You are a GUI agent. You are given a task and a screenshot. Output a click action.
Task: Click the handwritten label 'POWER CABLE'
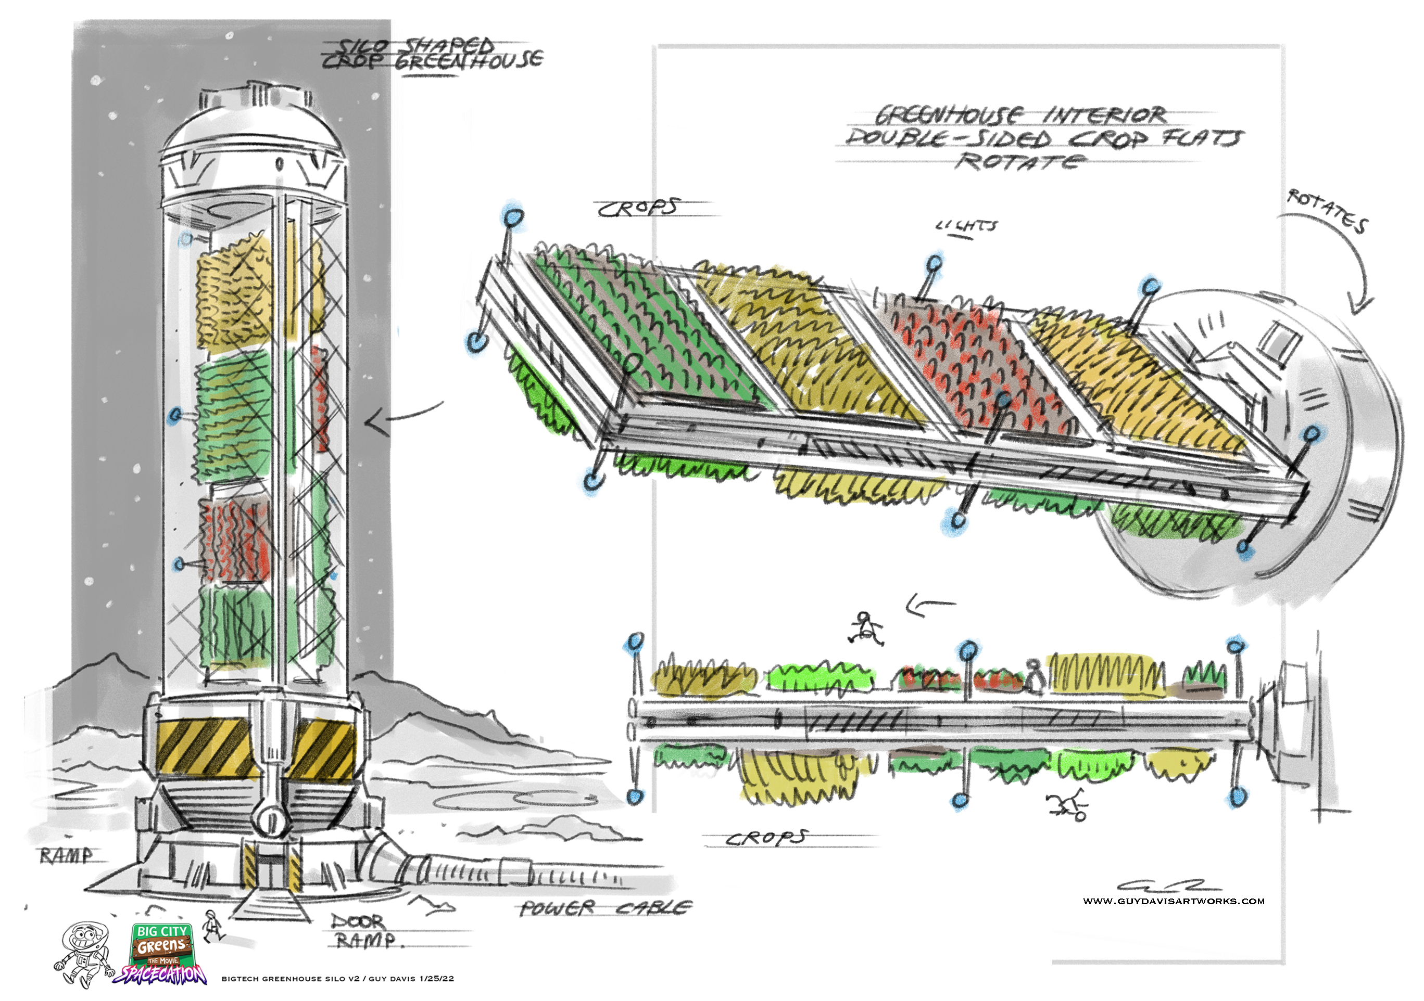(x=604, y=908)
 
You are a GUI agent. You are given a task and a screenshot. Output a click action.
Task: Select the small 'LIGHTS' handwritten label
(x=967, y=226)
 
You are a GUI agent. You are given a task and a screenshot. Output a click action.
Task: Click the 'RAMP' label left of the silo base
(x=66, y=856)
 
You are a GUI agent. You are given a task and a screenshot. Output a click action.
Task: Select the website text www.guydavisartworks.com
(x=1174, y=901)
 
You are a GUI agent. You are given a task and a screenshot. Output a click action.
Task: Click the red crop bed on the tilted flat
(x=974, y=366)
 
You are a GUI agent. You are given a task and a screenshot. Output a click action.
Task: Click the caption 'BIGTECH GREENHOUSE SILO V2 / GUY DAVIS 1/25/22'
(x=337, y=979)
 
